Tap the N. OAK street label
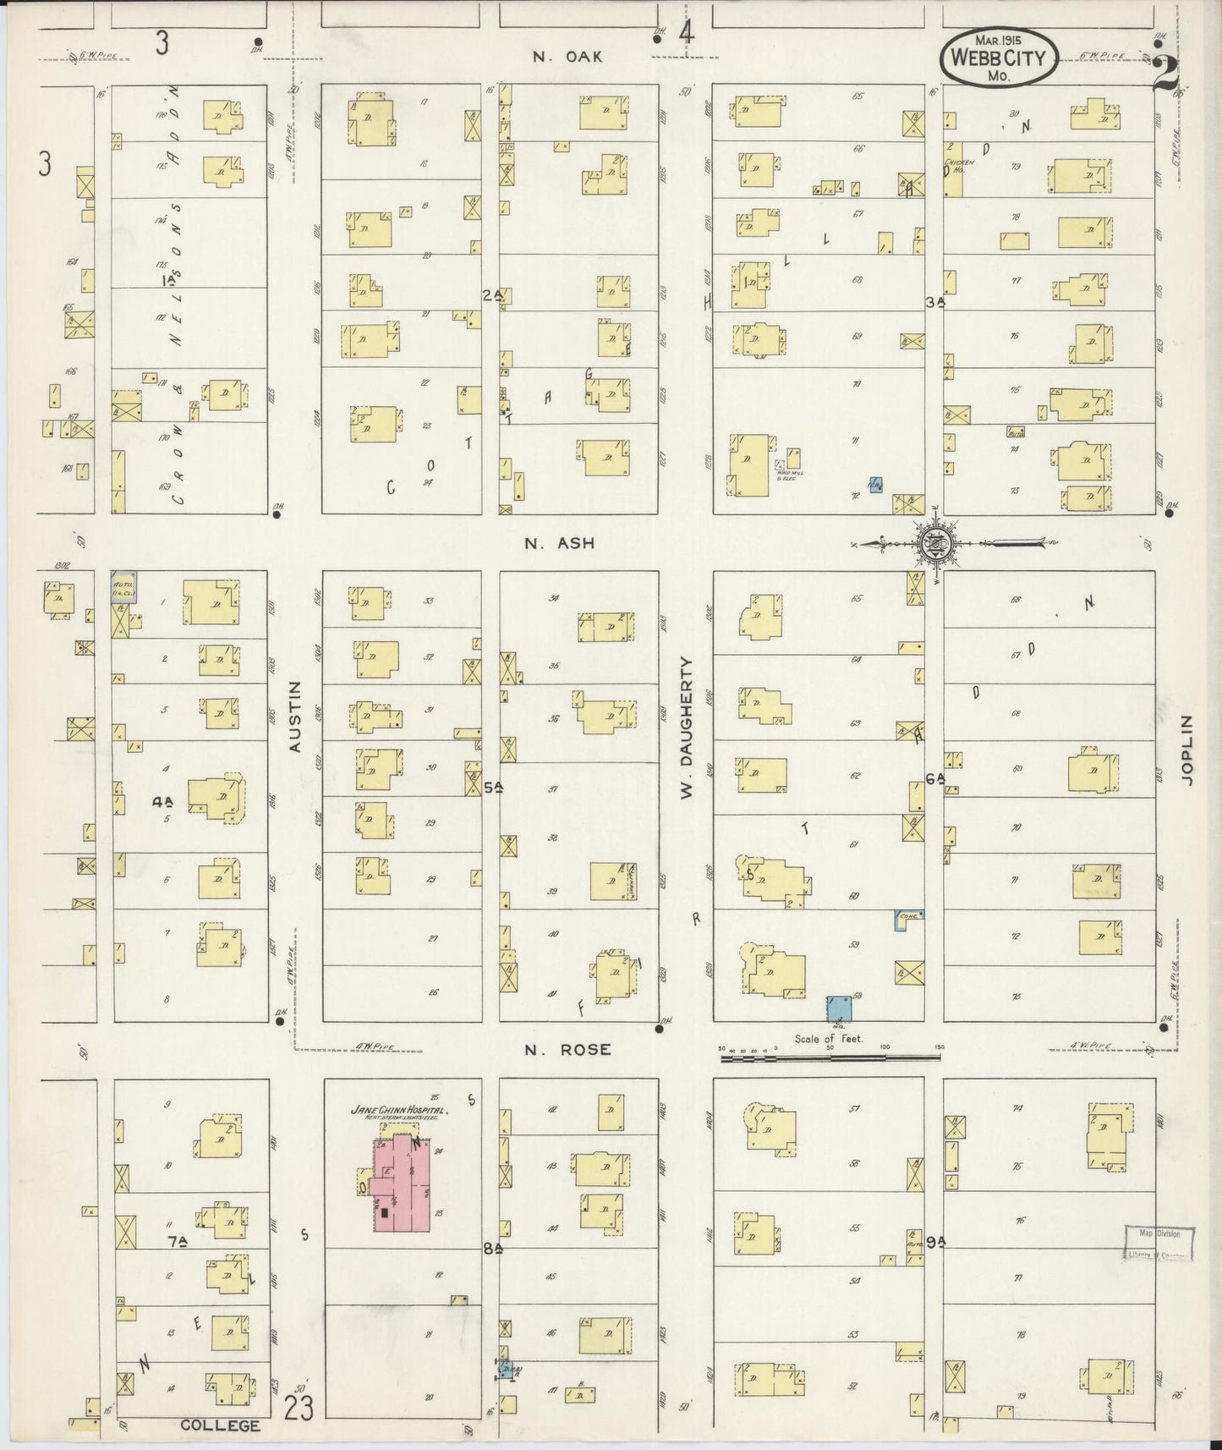coord(567,57)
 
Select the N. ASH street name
coord(559,543)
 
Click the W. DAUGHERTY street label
coord(687,728)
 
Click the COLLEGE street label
coord(220,1425)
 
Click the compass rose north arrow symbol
coord(937,541)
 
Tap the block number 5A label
coord(494,787)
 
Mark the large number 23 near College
coord(299,1408)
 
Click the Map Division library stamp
coord(1159,1242)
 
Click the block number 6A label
coord(934,779)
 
